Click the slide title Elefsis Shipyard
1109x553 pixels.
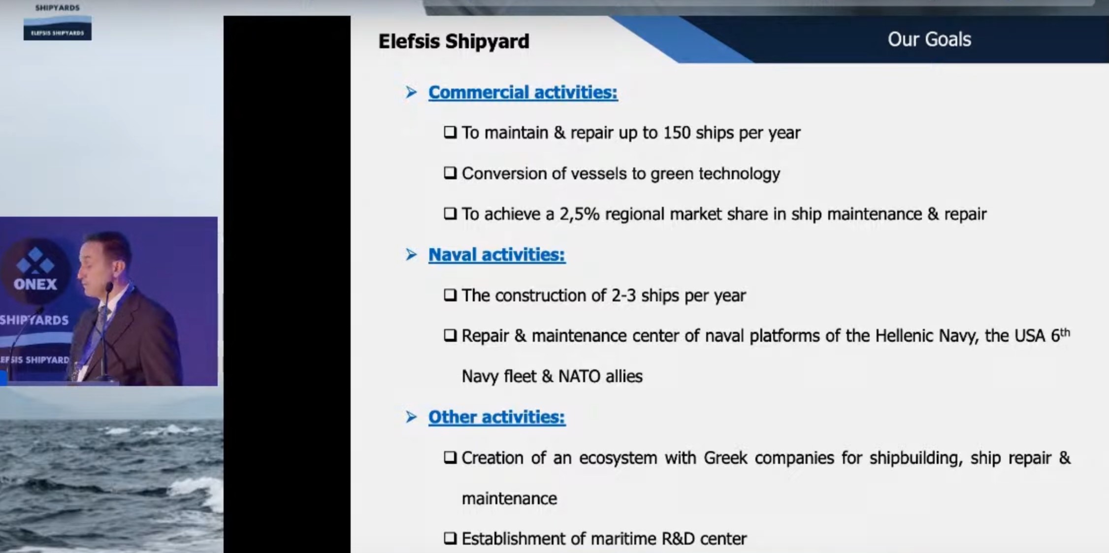point(454,42)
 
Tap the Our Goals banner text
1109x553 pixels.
point(929,39)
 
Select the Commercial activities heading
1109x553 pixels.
point(522,93)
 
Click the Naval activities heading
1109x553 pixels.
point(496,255)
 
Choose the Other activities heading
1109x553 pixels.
point(496,417)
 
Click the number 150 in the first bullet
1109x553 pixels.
point(677,132)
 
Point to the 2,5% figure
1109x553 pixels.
point(579,214)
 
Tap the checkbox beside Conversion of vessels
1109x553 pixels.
point(450,173)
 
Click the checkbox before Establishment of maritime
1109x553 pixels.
point(450,538)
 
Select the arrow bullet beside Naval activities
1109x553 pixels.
point(411,255)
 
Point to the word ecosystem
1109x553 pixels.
point(618,458)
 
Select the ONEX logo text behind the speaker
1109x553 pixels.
point(35,284)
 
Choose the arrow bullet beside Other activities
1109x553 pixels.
point(411,417)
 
